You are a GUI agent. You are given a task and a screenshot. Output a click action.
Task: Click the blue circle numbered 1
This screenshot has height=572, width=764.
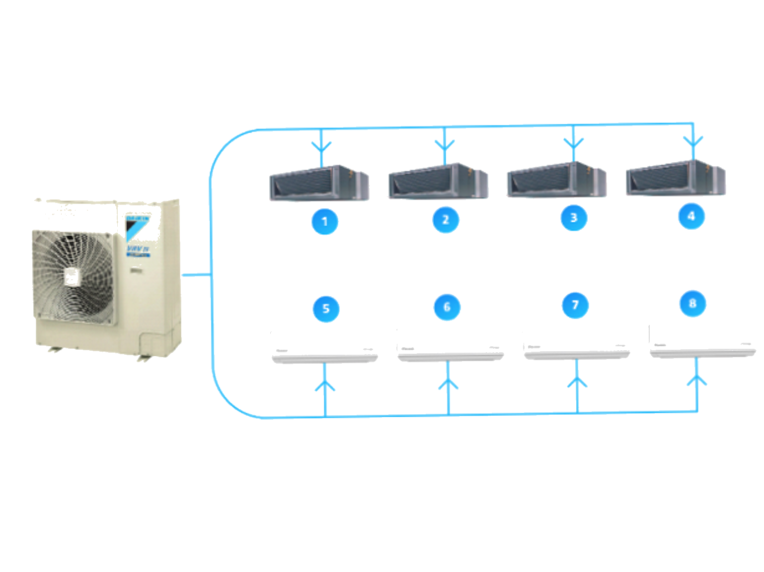[x=324, y=221]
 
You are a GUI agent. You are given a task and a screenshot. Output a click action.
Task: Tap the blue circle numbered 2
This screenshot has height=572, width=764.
[x=446, y=220]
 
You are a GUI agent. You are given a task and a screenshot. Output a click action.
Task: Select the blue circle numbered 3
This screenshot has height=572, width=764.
[x=574, y=218]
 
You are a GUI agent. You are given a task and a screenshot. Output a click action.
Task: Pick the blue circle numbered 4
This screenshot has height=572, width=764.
[x=691, y=216]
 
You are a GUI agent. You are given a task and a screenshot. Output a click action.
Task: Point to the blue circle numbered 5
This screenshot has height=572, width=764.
[x=326, y=309]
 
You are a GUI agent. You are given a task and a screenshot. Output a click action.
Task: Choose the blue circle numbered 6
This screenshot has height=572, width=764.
[x=447, y=307]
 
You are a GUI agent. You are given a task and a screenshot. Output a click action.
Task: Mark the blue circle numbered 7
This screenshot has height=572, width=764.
[x=575, y=305]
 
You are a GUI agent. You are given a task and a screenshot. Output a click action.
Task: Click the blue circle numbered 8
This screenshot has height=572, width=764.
[x=692, y=303]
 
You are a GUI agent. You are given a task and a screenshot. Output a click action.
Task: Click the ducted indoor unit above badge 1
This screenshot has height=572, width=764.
[x=319, y=183]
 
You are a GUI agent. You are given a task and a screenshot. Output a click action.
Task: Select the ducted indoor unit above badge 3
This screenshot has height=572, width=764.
[x=556, y=180]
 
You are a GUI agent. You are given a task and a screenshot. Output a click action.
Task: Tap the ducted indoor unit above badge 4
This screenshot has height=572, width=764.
[x=676, y=178]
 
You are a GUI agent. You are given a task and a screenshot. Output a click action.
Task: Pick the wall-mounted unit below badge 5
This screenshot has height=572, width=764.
[x=325, y=348]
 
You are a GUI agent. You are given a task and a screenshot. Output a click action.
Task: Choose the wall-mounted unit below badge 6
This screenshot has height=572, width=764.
[x=451, y=346]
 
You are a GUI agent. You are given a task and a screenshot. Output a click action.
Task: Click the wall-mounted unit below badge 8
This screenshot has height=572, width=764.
[x=702, y=342]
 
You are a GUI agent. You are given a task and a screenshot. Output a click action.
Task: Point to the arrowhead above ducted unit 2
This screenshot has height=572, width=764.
[x=445, y=146]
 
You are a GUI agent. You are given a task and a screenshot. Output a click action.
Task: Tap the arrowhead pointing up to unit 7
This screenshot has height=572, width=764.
[x=577, y=382]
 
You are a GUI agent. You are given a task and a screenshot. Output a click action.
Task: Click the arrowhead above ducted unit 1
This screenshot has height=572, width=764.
[x=321, y=148]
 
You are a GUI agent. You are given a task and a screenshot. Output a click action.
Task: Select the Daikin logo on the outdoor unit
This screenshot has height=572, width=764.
[x=138, y=226]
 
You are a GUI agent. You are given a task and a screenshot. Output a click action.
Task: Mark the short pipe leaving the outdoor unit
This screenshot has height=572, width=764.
[x=196, y=274]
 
